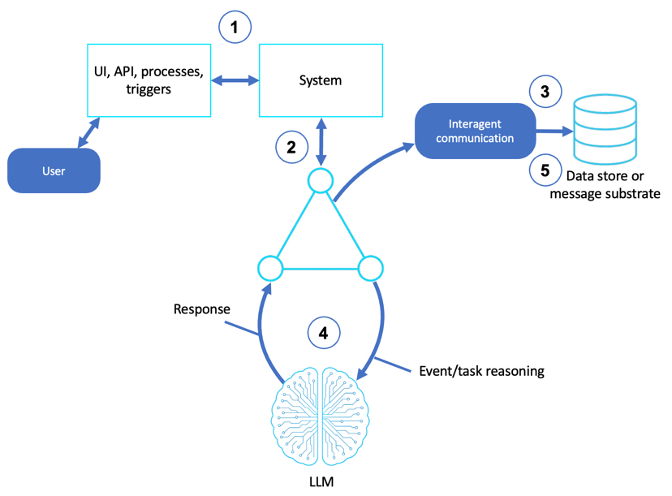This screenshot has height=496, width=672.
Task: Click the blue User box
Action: [x=54, y=171]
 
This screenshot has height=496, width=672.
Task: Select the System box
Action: [x=320, y=80]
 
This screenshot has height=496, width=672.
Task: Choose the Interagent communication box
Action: [x=476, y=131]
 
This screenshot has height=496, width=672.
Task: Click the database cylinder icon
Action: [x=605, y=128]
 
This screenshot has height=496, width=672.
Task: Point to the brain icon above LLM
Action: [x=321, y=414]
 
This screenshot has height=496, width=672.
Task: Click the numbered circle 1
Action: [x=235, y=28]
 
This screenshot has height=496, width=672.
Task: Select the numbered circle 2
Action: [x=291, y=146]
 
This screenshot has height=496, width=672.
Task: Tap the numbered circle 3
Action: [x=545, y=93]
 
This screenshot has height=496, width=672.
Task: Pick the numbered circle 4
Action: [x=322, y=332]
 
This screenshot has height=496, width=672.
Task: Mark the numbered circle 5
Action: [x=545, y=170]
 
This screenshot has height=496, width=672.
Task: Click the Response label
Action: [x=201, y=309]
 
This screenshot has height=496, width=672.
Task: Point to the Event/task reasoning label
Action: [x=481, y=371]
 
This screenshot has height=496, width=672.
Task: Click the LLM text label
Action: [x=322, y=482]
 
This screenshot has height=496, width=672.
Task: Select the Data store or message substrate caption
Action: [x=605, y=186]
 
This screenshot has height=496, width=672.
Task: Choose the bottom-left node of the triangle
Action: [x=269, y=267]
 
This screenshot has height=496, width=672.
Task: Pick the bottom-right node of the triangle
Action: [x=370, y=267]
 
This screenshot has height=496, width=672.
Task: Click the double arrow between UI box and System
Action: [x=235, y=80]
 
